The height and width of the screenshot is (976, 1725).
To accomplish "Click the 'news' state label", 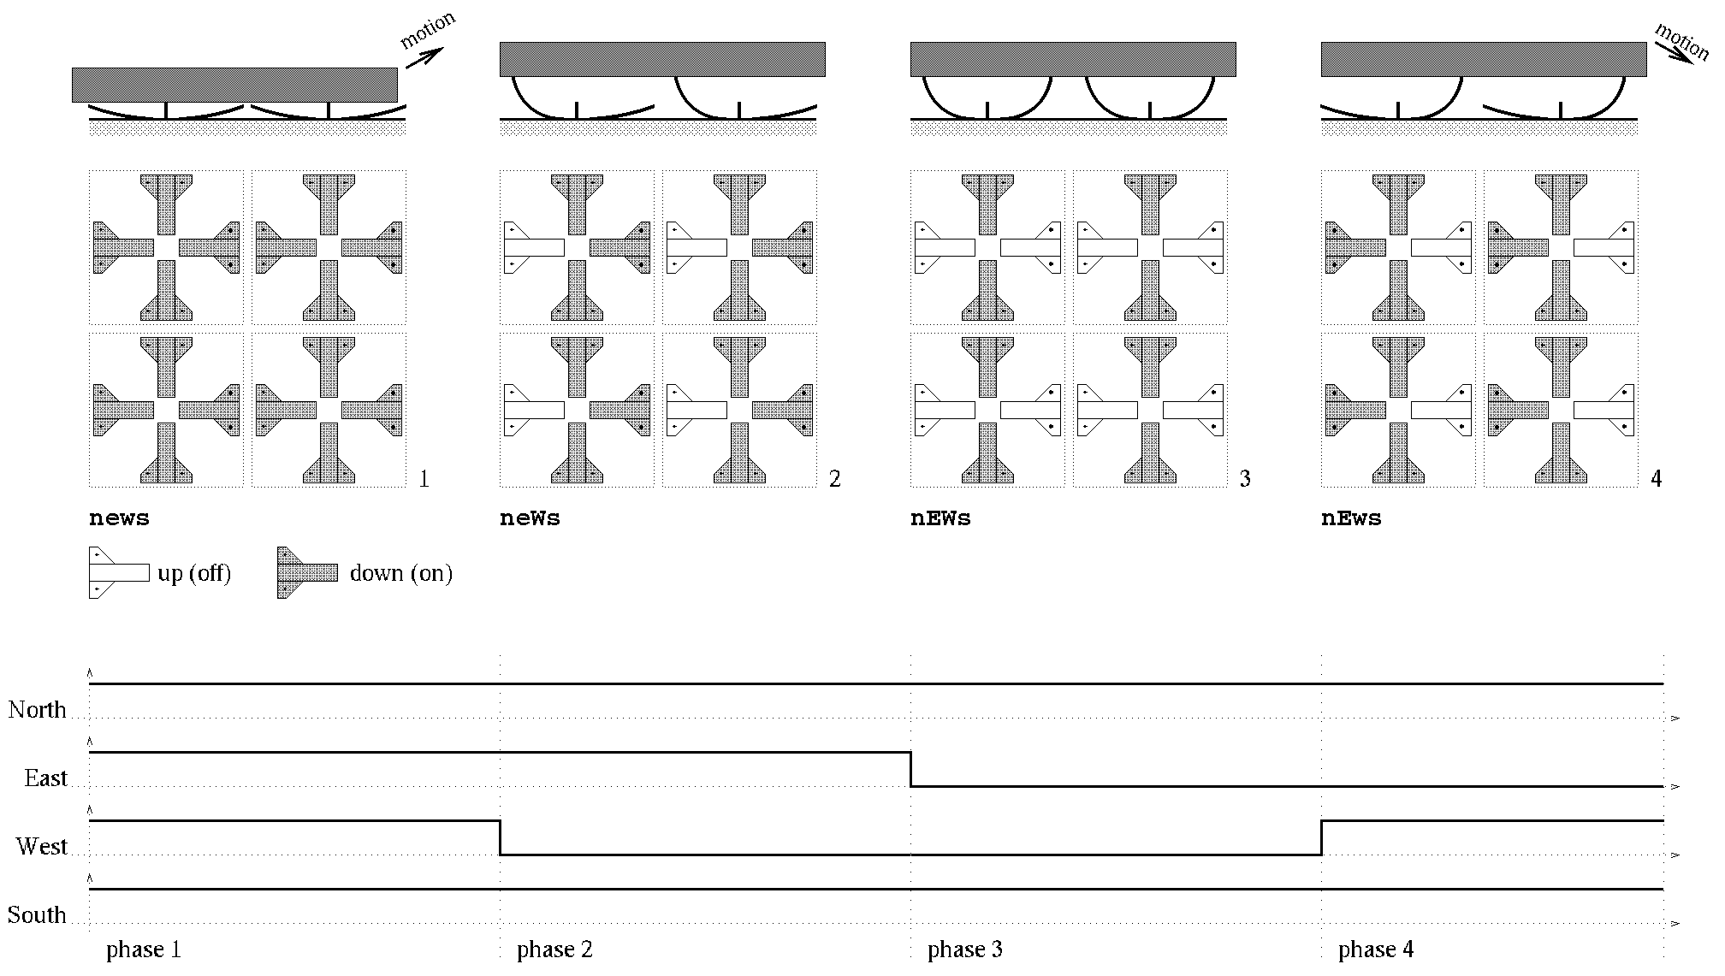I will point(119,518).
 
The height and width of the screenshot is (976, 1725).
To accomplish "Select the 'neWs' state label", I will point(530,518).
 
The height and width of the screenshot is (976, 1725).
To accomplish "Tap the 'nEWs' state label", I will point(940,518).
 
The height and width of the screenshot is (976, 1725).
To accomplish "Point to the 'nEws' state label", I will point(1351,518).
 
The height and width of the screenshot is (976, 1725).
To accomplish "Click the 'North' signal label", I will point(37,710).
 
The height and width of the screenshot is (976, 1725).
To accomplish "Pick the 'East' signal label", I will point(45,778).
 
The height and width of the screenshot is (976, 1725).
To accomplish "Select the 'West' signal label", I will point(41,847).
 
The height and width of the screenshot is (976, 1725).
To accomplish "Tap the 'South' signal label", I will point(37,915).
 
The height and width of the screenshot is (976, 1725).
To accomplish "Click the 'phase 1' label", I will point(144,949).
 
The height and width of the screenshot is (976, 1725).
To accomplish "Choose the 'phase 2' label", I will point(554,949).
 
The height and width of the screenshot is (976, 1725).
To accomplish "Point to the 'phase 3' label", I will point(965,949).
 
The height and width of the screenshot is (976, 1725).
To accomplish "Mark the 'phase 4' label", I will point(1376,949).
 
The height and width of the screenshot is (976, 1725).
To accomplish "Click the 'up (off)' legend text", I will point(194,573).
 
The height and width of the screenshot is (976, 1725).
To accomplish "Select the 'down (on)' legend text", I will point(400,573).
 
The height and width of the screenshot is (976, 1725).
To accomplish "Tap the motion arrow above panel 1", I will point(424,57).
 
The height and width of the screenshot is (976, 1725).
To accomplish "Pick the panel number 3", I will point(1245,479).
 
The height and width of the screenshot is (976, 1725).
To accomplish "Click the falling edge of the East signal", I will point(910,769).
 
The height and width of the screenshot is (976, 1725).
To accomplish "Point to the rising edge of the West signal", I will point(1321,837).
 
